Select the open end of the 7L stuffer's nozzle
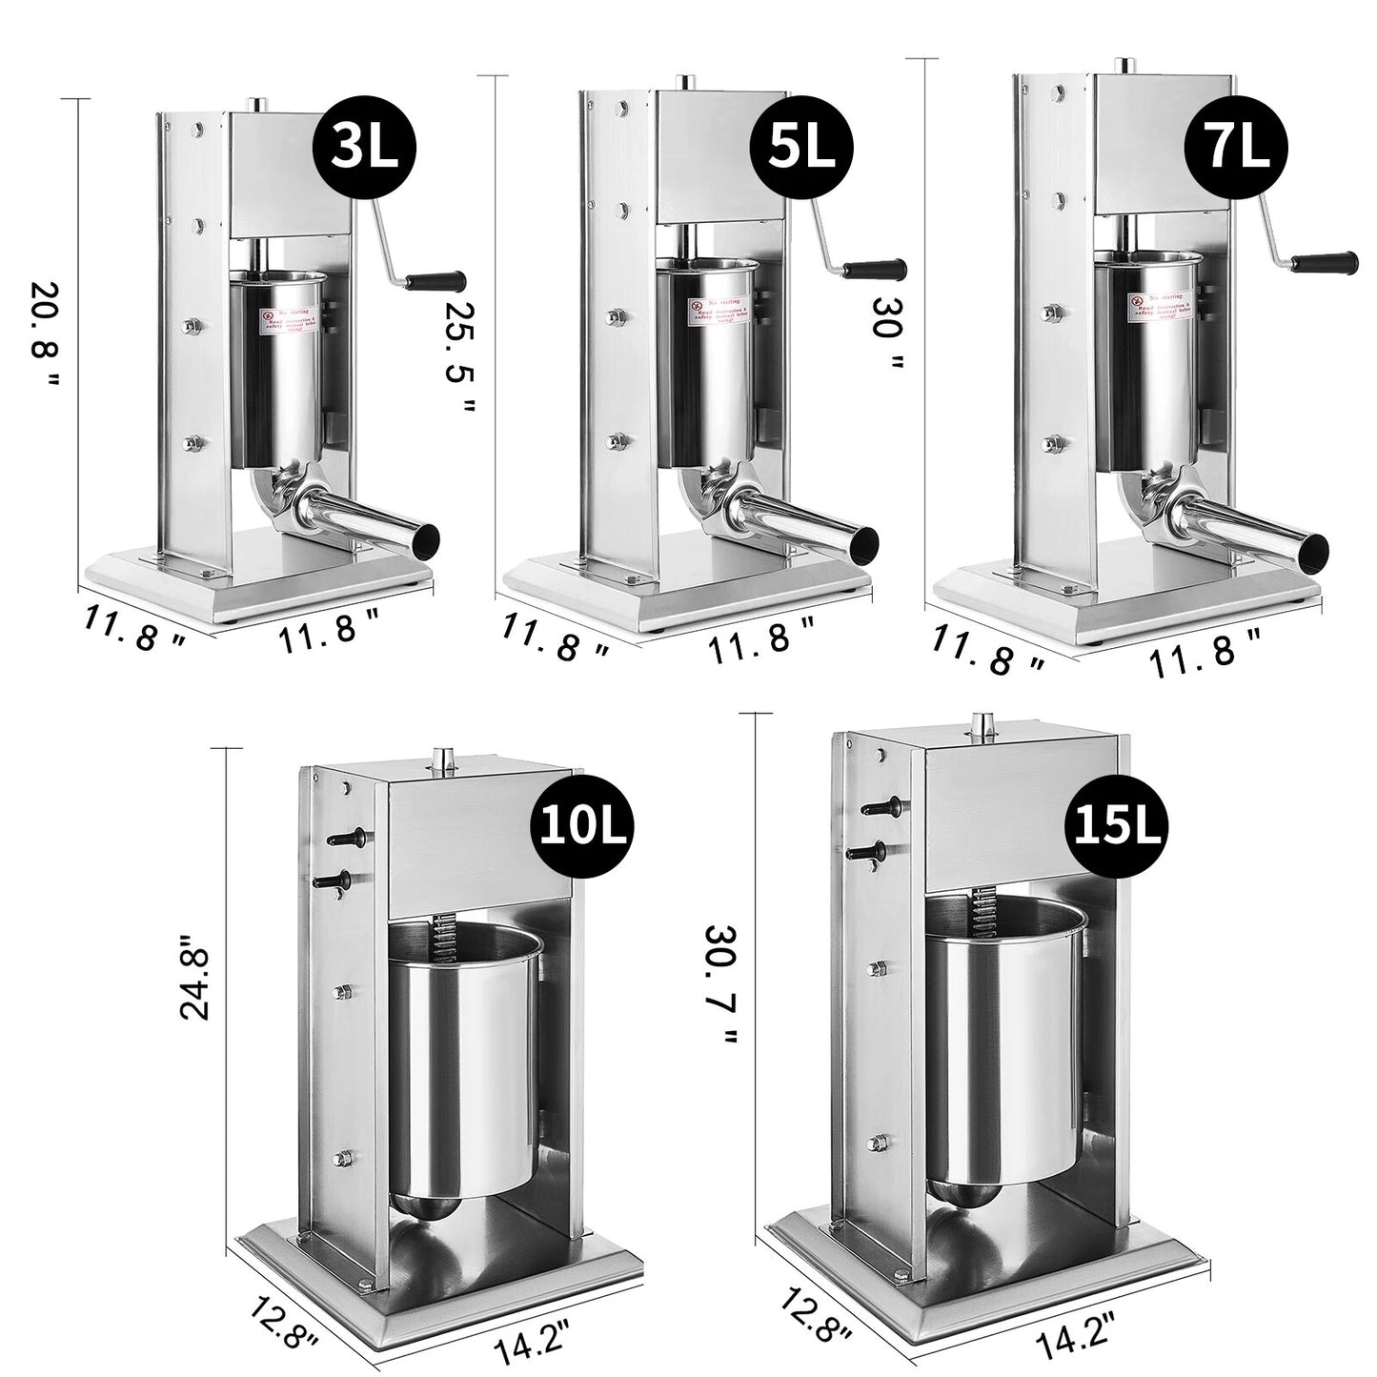coord(1315,546)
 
